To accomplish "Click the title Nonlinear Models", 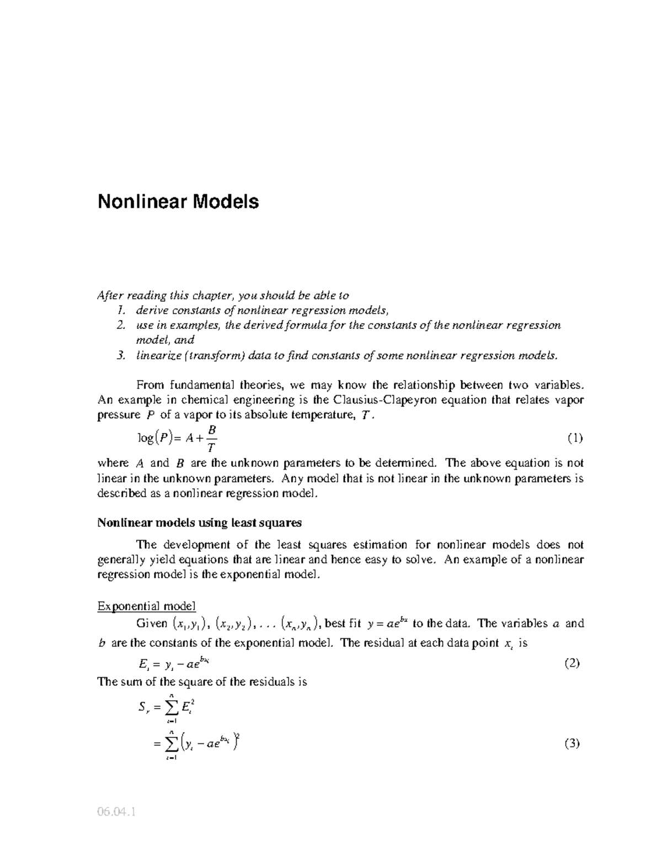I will tap(178, 202).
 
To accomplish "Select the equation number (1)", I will tap(575, 439).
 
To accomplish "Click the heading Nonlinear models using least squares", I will tap(199, 522).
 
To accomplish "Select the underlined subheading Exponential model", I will tap(146, 606).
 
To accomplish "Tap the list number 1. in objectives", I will tap(122, 310).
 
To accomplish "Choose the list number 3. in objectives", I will tap(122, 355).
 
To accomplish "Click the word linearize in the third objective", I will tap(158, 355).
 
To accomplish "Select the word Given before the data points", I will tap(152, 624).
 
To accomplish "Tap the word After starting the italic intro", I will tap(109, 295).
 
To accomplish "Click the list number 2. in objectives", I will tap(122, 325).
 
